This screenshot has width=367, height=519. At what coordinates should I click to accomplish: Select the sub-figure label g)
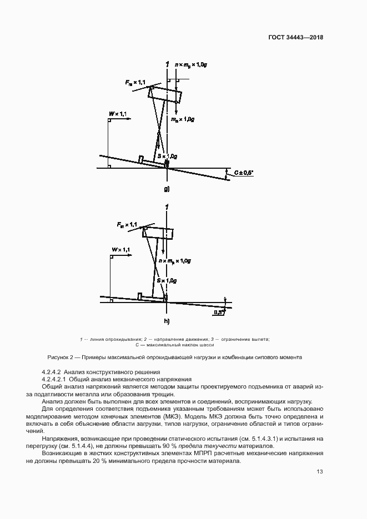[x=166, y=189]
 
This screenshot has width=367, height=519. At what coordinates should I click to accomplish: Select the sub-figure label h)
[x=167, y=321]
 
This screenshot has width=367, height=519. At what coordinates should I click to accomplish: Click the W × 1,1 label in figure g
[x=118, y=114]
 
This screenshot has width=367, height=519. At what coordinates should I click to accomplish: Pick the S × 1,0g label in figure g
[x=167, y=156]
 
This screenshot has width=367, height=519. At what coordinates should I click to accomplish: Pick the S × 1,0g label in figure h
[x=167, y=281]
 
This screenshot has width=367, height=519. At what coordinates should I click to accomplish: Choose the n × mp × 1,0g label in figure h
[x=174, y=260]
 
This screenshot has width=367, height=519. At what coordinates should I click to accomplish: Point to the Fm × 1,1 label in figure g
[x=135, y=83]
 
